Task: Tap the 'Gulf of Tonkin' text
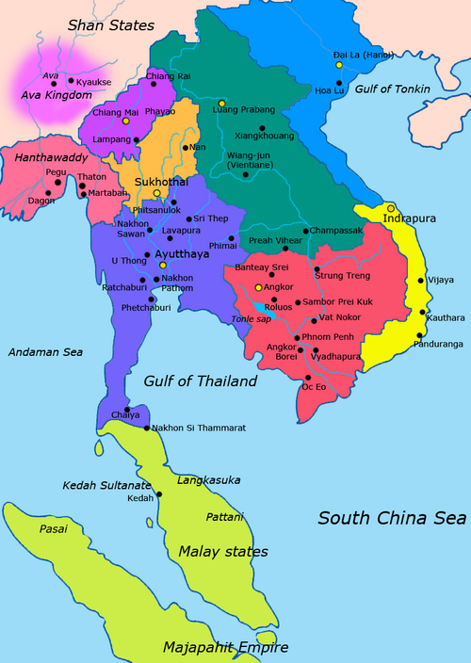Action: (393, 89)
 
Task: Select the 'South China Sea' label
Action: (391, 518)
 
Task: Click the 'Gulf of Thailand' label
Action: (202, 381)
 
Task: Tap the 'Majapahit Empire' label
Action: (224, 647)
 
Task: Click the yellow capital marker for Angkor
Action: (258, 286)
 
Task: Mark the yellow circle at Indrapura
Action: (390, 207)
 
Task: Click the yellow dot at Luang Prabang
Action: (221, 103)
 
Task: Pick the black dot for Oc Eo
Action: (303, 376)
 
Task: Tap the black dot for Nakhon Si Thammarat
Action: (147, 429)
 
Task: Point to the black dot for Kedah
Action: (158, 494)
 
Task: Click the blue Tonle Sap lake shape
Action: (258, 307)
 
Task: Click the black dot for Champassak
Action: (304, 231)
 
